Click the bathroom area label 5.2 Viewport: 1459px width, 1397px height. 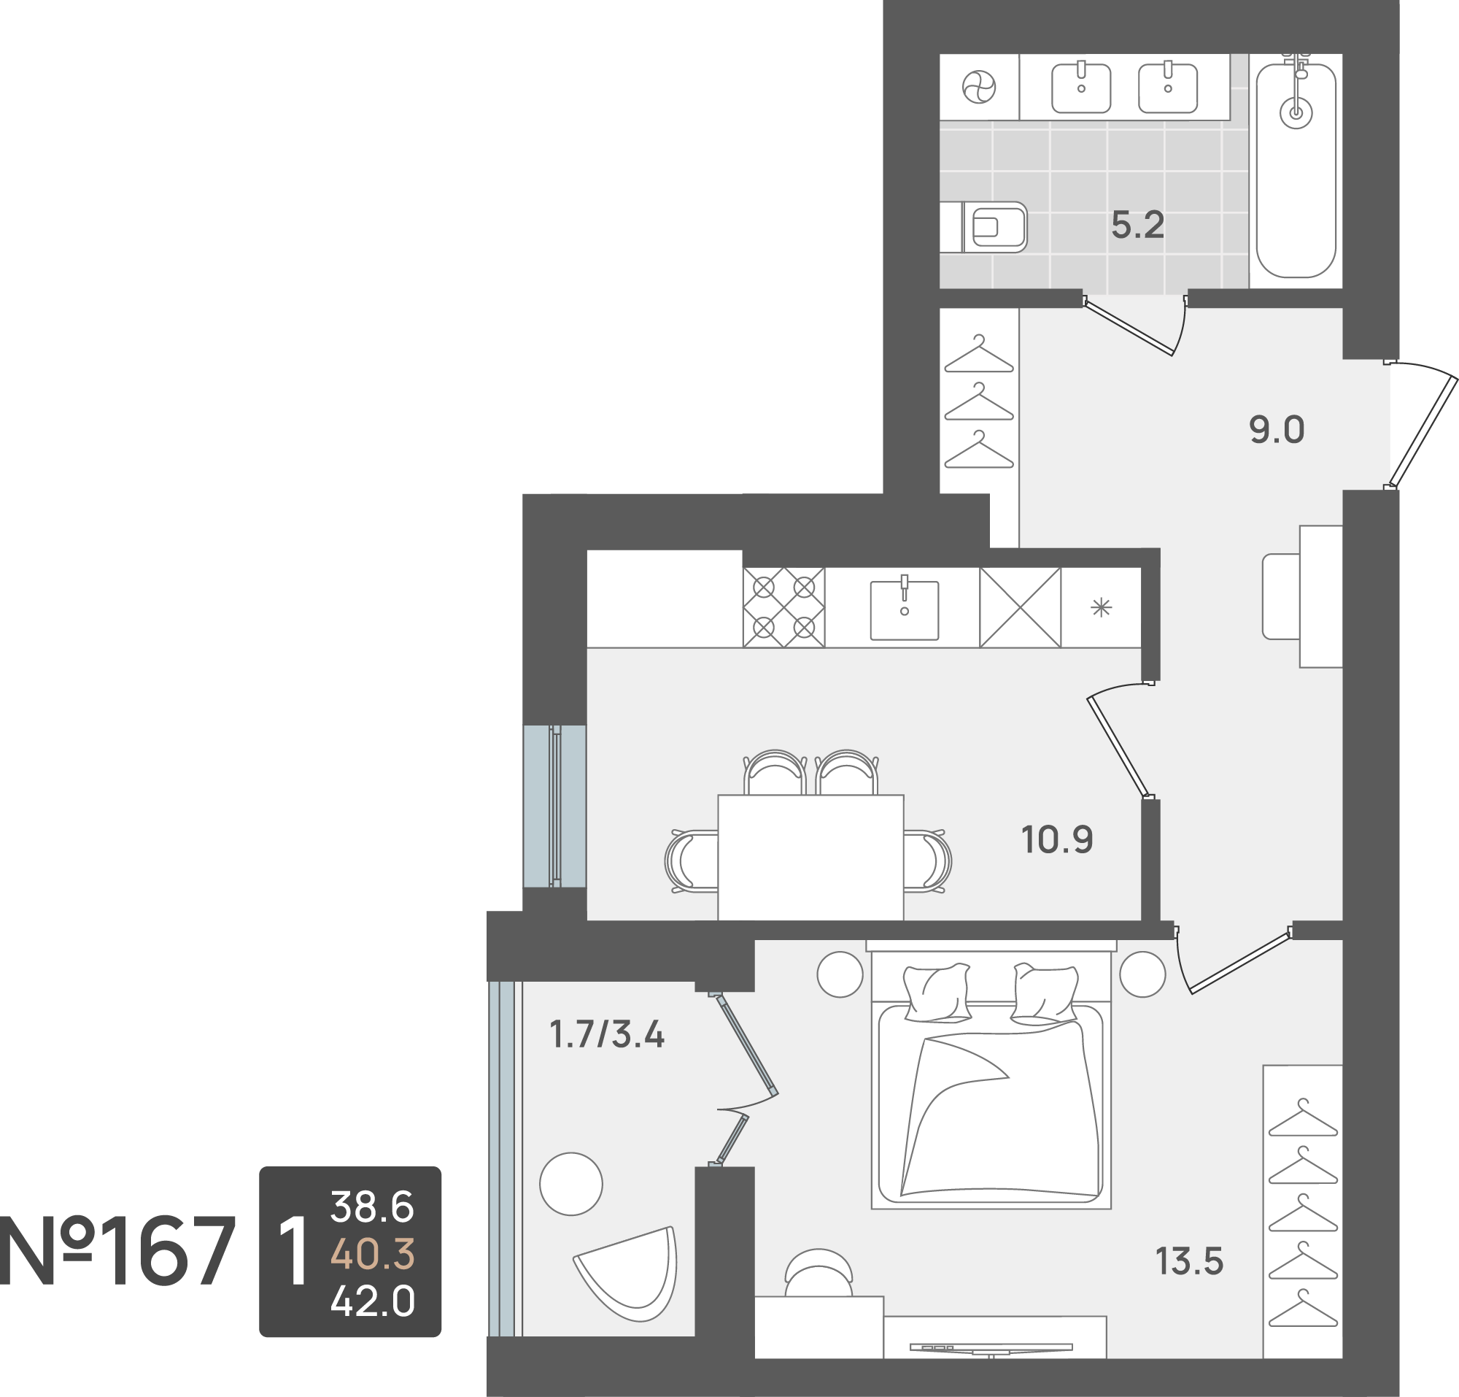1137,225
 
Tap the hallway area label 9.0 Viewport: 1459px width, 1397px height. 1277,431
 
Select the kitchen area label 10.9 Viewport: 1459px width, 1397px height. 1057,840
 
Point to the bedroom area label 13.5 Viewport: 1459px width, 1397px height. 1190,1261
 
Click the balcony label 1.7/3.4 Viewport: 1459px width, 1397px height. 607,1034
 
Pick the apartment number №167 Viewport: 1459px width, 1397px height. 117,1252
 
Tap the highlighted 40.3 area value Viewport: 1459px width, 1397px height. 372,1254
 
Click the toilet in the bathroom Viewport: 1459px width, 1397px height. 984,226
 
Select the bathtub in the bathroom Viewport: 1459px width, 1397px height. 1296,171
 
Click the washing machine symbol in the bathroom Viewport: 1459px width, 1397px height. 979,87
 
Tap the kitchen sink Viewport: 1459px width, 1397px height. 905,610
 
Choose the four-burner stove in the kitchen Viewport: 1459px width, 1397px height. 783,608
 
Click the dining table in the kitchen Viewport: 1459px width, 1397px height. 810,857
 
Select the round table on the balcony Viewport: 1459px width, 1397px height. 571,1184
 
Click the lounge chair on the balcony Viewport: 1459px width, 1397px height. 629,1274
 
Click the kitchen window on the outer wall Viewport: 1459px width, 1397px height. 554,806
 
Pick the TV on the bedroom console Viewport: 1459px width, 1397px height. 991,1347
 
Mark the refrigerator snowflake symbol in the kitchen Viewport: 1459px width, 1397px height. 1101,609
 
